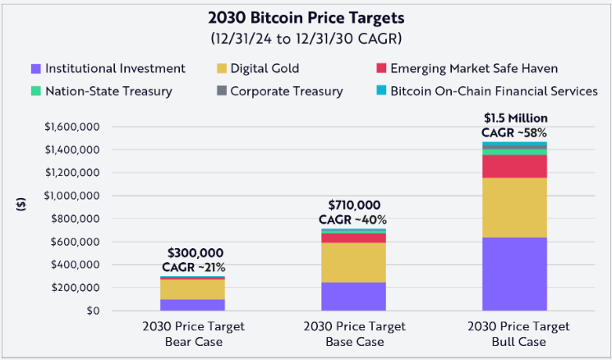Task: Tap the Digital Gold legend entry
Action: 262,68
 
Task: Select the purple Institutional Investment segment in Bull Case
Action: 515,274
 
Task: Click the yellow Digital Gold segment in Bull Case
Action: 515,207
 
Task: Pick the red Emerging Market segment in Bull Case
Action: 515,166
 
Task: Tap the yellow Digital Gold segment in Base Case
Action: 353,262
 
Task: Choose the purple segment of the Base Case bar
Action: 353,296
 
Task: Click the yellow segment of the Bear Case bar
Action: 193,288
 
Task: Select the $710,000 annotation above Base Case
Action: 354,205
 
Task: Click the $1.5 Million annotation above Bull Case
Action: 515,118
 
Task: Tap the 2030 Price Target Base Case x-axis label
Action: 353,332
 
